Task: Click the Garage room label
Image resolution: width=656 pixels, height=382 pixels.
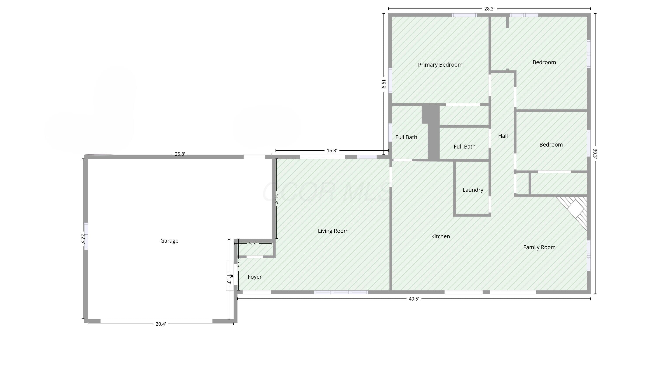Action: [x=169, y=241]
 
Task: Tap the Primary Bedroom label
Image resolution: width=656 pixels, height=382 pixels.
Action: [x=440, y=65]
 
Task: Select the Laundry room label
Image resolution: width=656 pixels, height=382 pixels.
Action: [x=473, y=190]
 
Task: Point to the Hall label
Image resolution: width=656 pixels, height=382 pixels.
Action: [x=503, y=136]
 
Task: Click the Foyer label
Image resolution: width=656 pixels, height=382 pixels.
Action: [x=255, y=277]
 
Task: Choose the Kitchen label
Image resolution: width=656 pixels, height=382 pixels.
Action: [x=440, y=236]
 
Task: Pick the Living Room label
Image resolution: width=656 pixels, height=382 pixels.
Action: [x=333, y=231]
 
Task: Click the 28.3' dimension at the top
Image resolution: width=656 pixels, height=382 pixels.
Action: [x=489, y=9]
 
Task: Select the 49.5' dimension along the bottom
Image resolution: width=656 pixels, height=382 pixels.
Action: [x=414, y=299]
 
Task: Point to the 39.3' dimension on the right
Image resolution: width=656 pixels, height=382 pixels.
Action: [x=595, y=153]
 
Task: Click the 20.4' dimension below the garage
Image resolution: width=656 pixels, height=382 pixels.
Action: [x=161, y=324]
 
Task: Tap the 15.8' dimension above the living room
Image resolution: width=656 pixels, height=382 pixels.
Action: [x=332, y=150]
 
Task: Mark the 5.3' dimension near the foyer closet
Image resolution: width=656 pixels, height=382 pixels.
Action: [x=253, y=244]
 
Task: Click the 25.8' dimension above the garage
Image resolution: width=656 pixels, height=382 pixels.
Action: [x=180, y=154]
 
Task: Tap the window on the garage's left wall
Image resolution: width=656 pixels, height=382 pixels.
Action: [x=86, y=236]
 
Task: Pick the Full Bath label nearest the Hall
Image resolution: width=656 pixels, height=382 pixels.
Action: [x=464, y=147]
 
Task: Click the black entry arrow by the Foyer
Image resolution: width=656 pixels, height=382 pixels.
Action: [x=232, y=276]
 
